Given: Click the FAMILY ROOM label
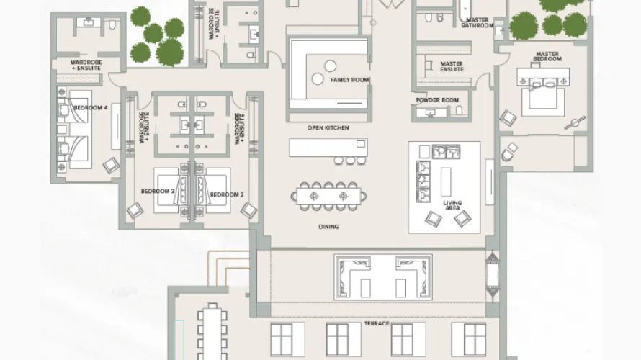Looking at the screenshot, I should (345, 80).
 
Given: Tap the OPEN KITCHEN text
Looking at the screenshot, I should (328, 128).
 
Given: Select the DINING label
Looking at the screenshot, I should (328, 227).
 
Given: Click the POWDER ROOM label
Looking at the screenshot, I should (437, 100).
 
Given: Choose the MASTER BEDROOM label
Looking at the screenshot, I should (547, 56).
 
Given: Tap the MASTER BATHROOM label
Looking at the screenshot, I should (478, 23).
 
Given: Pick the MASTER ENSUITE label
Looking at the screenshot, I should (452, 67).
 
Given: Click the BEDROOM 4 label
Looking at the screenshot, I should (94, 107).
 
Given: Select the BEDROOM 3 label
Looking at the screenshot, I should (158, 192).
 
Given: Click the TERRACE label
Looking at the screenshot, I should (377, 324).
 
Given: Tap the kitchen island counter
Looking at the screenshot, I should (328, 147).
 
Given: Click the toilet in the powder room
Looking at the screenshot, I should (459, 110).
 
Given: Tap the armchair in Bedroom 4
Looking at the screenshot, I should (112, 165).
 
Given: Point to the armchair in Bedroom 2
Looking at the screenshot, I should (248, 210).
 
